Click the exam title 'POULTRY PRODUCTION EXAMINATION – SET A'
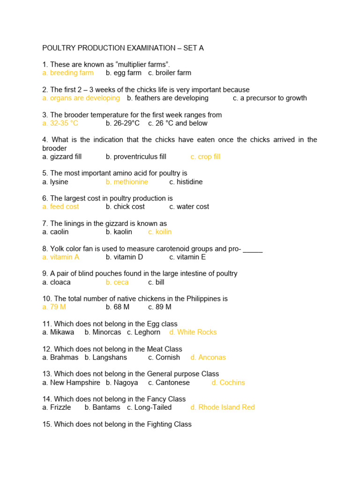123,48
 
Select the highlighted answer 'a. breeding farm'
68,73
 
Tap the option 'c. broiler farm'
170,73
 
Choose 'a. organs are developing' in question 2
81,98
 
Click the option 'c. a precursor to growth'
270,98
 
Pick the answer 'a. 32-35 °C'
60,123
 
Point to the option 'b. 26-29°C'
123,123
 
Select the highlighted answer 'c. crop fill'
205,157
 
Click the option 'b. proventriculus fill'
136,157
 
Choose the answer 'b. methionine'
127,181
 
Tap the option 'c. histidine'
186,181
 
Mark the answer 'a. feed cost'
60,206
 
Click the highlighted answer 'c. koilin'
160,232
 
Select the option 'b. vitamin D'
124,257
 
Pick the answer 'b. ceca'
117,282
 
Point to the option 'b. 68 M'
118,307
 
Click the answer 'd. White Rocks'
193,332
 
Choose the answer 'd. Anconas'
208,357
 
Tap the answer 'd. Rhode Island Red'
223,407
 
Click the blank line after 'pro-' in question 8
253,249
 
